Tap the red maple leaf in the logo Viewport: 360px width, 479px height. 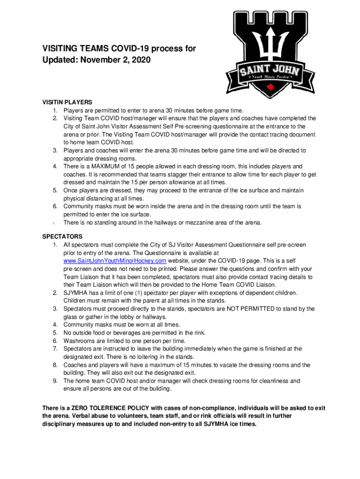(269, 87)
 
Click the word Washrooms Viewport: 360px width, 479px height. (80, 341)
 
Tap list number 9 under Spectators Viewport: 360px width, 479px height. (55, 381)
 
